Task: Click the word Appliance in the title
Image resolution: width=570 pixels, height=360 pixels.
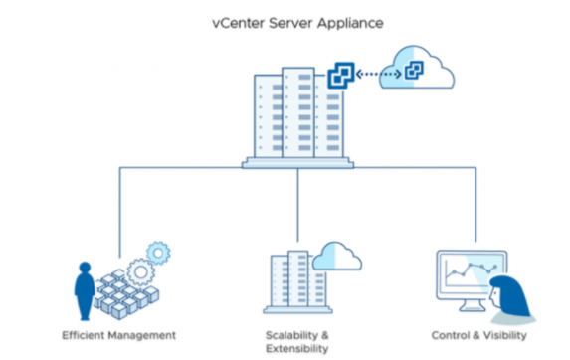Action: (327, 21)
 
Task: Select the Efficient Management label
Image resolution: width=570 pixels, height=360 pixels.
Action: (118, 335)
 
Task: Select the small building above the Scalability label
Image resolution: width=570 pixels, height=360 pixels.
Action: (289, 282)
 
